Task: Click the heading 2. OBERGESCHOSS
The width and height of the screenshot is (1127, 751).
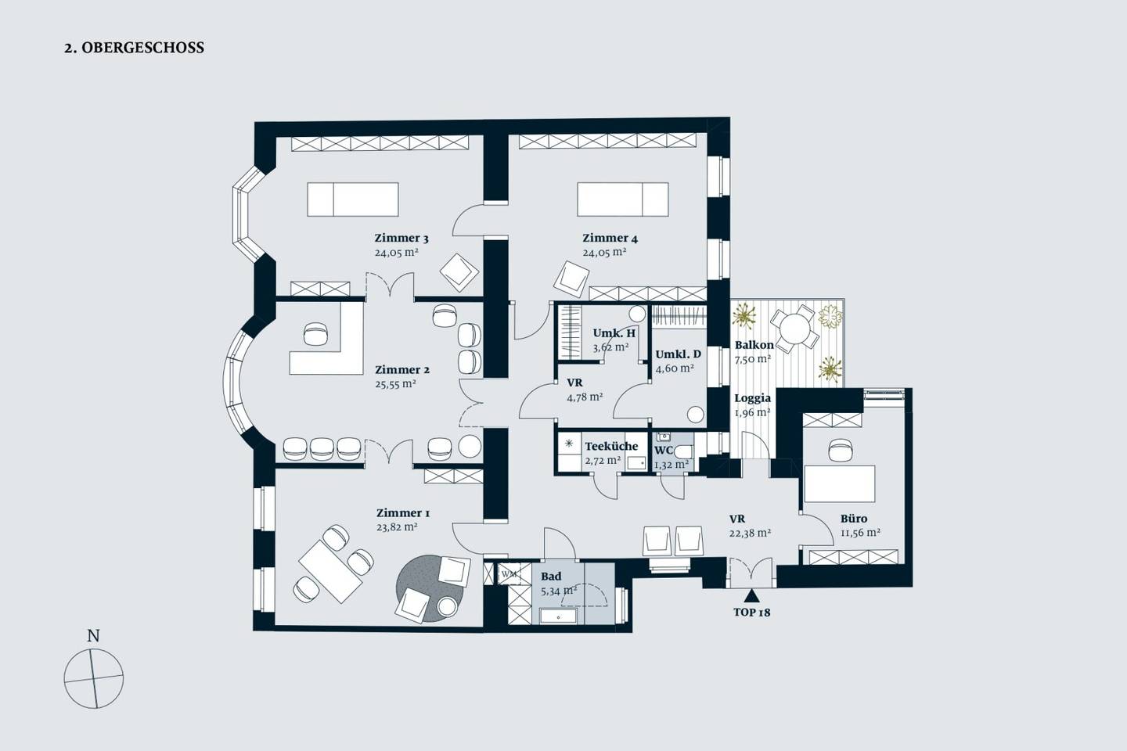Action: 134,48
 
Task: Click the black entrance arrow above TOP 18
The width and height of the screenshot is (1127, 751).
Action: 751,595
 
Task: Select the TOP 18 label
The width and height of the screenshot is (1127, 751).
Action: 751,613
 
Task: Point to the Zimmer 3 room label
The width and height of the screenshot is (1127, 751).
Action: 401,238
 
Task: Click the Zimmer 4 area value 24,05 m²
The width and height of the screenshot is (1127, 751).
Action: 604,252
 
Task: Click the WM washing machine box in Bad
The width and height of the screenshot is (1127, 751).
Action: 509,574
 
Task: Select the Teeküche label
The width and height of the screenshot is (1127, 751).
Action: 611,446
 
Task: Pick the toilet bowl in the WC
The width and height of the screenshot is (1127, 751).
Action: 683,452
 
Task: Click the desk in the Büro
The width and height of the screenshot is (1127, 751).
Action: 839,484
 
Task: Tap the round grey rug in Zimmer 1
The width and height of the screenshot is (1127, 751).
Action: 430,588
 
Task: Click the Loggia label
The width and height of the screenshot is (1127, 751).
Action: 753,398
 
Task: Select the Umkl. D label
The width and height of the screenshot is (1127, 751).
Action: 678,354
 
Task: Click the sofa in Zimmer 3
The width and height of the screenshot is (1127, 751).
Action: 353,199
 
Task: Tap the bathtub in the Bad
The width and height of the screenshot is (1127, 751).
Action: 559,616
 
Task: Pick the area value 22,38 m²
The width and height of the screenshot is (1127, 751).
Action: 750,534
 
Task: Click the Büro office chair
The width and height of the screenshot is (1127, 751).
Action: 841,450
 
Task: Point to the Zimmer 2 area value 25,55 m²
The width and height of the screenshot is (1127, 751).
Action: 395,384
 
